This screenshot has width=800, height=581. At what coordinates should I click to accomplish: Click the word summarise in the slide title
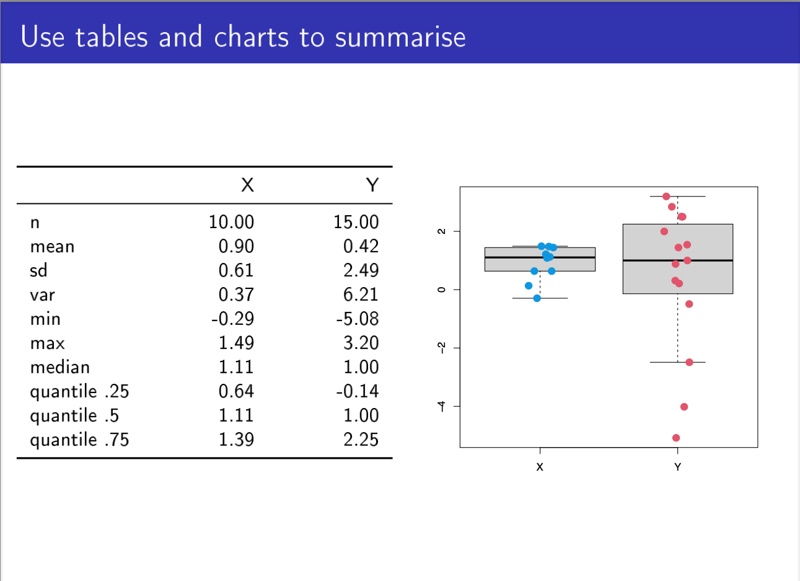pyautogui.click(x=400, y=37)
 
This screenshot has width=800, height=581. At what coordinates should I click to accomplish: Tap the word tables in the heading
pyautogui.click(x=112, y=37)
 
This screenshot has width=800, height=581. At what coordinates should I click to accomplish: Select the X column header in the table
pyautogui.click(x=247, y=185)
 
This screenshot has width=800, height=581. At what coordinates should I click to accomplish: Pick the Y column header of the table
pyautogui.click(x=372, y=185)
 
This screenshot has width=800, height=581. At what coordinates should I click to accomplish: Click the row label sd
pyautogui.click(x=38, y=270)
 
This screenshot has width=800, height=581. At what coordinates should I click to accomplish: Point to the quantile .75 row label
pyautogui.click(x=79, y=440)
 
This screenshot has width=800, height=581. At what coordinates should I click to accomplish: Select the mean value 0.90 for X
pyautogui.click(x=236, y=246)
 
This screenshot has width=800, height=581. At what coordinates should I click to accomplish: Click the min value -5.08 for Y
pyautogui.click(x=357, y=319)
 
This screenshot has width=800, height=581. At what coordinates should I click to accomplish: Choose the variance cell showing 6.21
pyautogui.click(x=361, y=295)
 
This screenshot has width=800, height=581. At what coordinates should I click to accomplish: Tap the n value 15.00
pyautogui.click(x=356, y=222)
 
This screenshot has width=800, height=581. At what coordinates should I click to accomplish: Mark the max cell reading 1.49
pyautogui.click(x=236, y=343)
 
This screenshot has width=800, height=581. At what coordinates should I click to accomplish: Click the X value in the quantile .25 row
pyautogui.click(x=236, y=391)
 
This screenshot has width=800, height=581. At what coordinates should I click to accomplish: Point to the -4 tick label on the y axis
pyautogui.click(x=441, y=406)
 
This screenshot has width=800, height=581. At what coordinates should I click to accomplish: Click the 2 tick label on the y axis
pyautogui.click(x=441, y=231)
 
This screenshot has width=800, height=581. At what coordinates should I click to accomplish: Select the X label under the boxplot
pyautogui.click(x=540, y=467)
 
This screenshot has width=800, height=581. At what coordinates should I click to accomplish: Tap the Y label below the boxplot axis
pyautogui.click(x=677, y=467)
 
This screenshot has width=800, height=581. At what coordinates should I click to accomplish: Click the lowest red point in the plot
pyautogui.click(x=676, y=438)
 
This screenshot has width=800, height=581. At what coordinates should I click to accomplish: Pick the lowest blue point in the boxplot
pyautogui.click(x=537, y=298)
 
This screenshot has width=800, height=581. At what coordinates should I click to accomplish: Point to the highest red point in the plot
pyautogui.click(x=666, y=197)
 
